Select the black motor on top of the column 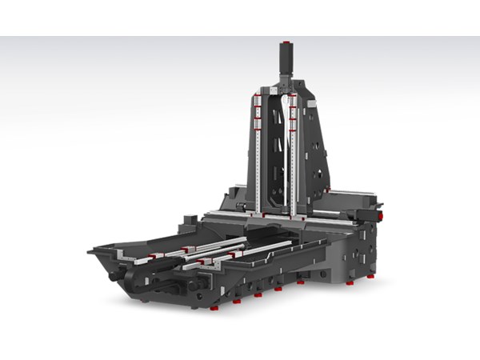pyautogui.click(x=285, y=59)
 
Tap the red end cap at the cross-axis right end pyautogui.click(x=381, y=215)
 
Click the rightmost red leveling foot pyautogui.click(x=370, y=276)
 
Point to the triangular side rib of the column pyautogui.click(x=316, y=152)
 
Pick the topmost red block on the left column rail pyautogui.click(x=258, y=98)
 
